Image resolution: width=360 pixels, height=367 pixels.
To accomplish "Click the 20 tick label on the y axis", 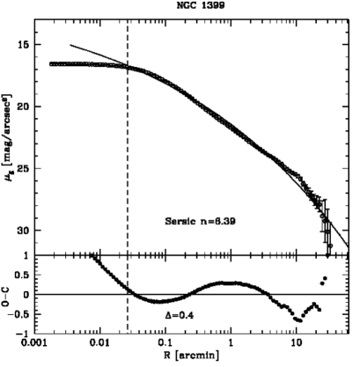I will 25,106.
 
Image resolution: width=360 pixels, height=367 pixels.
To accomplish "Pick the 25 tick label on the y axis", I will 25,168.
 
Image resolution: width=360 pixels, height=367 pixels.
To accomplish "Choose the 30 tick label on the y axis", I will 25,231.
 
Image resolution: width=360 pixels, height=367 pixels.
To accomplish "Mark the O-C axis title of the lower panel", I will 8,294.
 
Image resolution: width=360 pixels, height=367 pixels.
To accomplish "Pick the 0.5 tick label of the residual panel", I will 22,275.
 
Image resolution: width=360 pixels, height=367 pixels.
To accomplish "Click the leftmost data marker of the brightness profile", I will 51,64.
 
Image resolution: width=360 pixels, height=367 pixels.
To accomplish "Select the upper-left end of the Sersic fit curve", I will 70,44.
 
